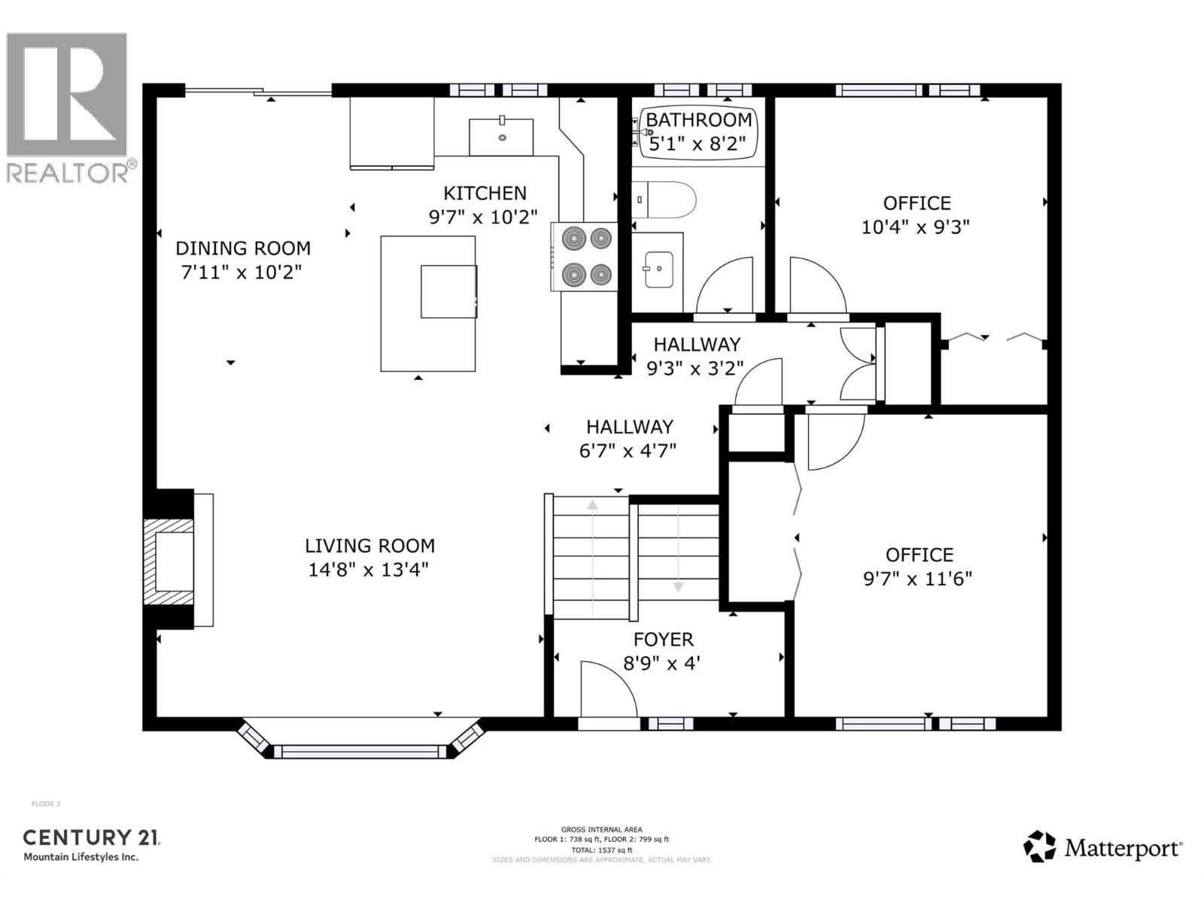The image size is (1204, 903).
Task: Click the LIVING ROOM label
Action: [369, 546]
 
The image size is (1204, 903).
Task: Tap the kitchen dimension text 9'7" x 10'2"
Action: [483, 217]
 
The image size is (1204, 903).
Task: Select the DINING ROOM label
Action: [242, 248]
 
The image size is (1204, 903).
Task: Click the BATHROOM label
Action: [698, 120]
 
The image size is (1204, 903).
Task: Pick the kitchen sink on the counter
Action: [501, 136]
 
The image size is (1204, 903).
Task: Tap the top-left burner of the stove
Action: [573, 239]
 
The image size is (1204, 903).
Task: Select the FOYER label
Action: [663, 640]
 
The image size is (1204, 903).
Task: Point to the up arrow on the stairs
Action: [593, 506]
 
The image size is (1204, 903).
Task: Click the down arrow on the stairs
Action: [678, 586]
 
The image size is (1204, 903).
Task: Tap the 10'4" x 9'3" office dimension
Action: [915, 227]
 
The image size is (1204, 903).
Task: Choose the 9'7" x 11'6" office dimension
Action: [917, 579]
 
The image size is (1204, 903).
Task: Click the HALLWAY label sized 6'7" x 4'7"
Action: [629, 427]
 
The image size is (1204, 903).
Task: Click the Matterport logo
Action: [1102, 848]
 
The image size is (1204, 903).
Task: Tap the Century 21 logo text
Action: [91, 838]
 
